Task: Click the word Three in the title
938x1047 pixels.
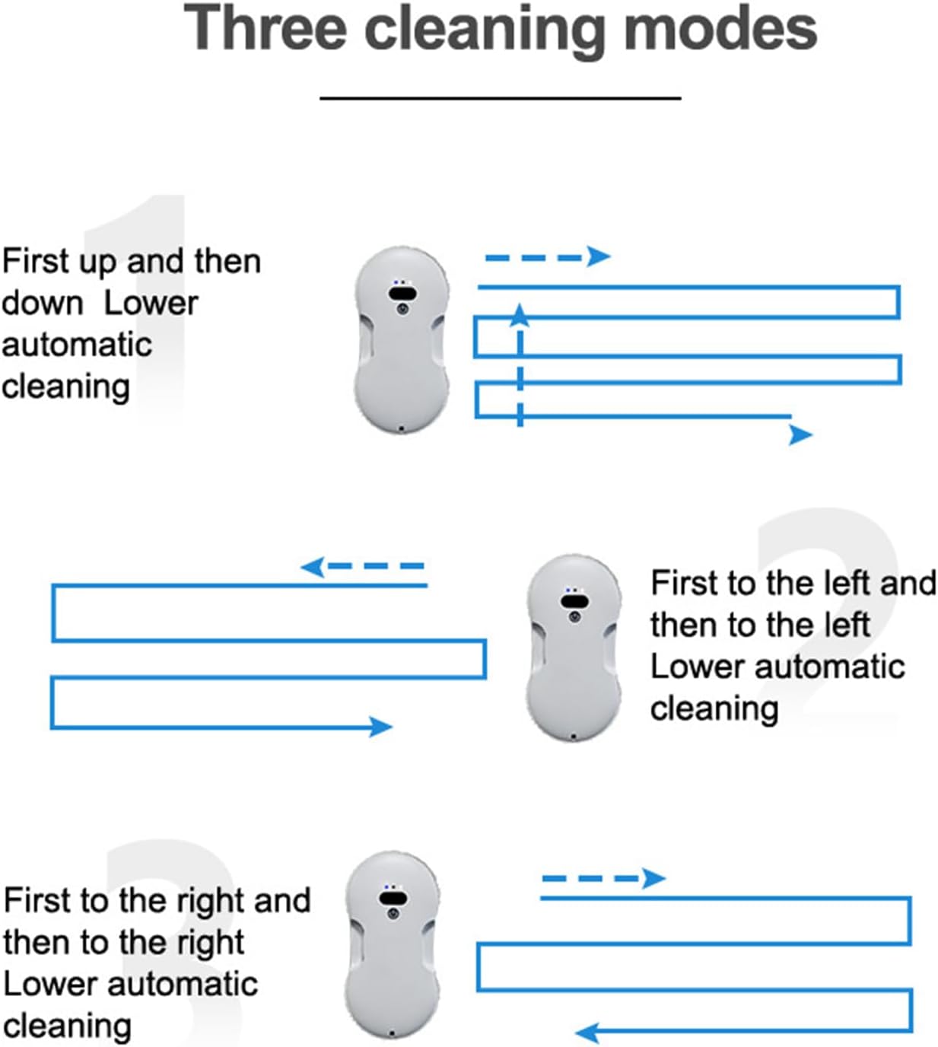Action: [266, 28]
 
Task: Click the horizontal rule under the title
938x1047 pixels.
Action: [500, 98]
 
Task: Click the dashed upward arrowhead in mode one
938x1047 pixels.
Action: [520, 313]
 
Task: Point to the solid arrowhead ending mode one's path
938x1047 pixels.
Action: [800, 434]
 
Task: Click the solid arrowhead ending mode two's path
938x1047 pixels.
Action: [380, 727]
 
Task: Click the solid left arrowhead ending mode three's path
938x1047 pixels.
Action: [587, 1033]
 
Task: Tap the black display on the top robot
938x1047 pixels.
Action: [402, 293]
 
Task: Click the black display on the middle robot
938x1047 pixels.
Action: [574, 601]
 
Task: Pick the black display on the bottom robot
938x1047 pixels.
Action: [391, 898]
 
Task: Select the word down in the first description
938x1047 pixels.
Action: [43, 303]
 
